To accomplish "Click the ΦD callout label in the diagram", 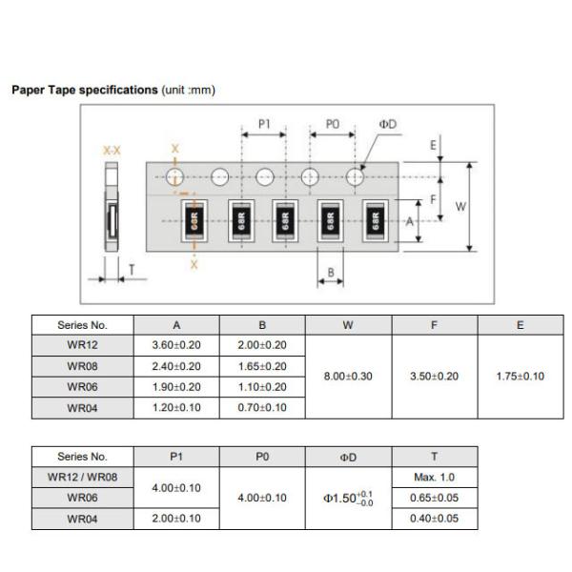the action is point(387,124).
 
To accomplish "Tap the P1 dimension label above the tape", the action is point(264,124).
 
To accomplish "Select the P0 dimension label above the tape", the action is point(333,124).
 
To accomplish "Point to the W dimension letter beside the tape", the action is point(460,207).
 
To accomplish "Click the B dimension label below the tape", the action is point(331,272).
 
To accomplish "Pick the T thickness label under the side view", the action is point(132,270).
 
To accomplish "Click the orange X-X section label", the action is point(112,151).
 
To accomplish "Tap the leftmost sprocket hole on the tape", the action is point(174,177).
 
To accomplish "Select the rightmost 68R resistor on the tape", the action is point(375,221).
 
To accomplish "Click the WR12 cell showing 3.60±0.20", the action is point(176,345).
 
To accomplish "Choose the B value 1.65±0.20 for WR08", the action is point(262,366).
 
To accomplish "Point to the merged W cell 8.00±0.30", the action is point(348,377).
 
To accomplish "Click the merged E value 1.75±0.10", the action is point(521,377).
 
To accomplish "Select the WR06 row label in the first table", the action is point(82,387).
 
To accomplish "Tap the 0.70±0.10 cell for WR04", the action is point(262,407).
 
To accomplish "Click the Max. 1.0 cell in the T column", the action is point(434,478).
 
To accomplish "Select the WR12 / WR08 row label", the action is point(82,478).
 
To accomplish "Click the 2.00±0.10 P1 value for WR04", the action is point(176,519).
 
